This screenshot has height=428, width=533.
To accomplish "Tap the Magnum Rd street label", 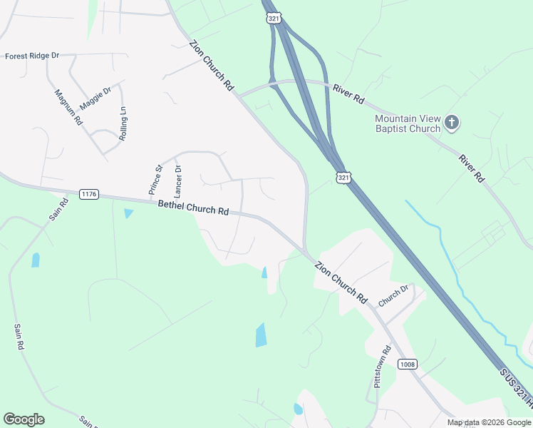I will tap(68, 108).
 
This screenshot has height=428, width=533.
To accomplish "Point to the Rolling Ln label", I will tap(123, 123).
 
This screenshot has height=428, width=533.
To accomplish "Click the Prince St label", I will tap(155, 180).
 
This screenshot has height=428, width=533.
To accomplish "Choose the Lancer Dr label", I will tap(178, 182).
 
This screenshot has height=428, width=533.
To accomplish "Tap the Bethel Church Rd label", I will tap(193, 208).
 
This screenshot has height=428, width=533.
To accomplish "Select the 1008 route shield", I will tap(407, 365).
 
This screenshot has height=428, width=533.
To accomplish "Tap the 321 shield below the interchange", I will tap(343, 177).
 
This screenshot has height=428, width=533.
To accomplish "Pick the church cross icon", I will tap(452, 123).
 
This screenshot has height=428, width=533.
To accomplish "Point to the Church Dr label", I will tap(393, 296).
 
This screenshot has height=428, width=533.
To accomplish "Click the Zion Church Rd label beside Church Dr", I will tap(341, 282).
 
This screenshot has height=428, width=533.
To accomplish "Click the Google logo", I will tap(24, 419).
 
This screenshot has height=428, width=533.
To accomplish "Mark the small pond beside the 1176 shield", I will tap(128, 213).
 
